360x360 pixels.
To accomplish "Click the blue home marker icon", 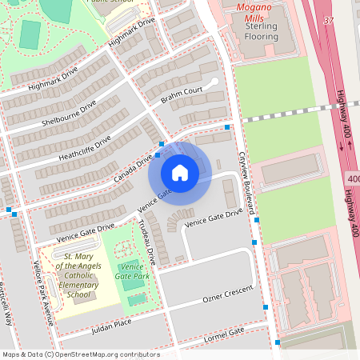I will (180, 172).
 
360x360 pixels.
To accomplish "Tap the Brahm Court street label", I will (181, 95).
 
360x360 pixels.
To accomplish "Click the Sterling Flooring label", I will (257, 31).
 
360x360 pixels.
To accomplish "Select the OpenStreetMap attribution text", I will (80, 354).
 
